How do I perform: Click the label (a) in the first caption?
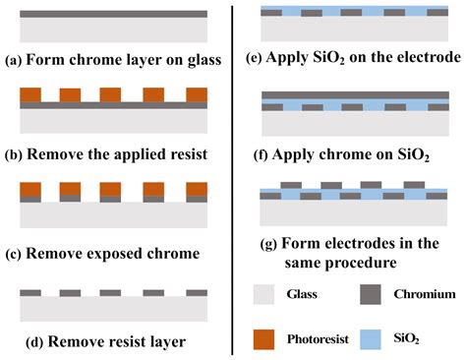[14, 59]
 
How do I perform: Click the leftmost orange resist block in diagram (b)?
[29, 95]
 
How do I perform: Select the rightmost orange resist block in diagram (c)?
[198, 187]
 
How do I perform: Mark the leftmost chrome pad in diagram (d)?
[29, 293]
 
